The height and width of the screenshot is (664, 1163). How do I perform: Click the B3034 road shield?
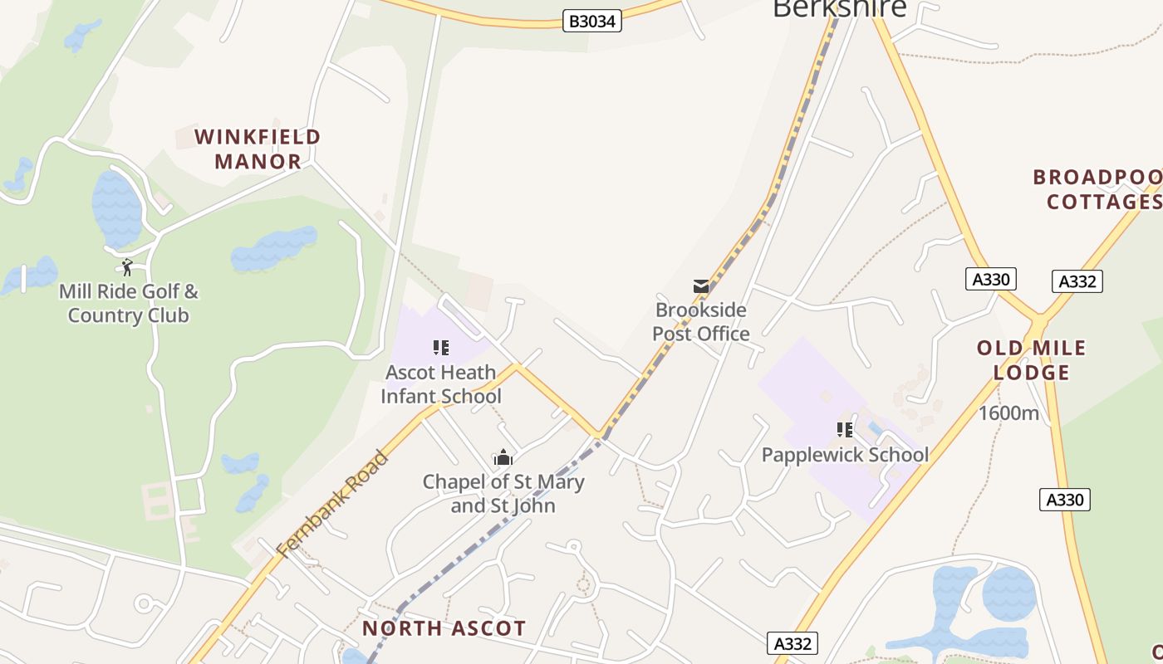click(x=591, y=22)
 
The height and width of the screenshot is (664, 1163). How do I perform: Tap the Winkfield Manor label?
click(x=258, y=149)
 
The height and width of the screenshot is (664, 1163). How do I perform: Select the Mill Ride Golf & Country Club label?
click(x=129, y=304)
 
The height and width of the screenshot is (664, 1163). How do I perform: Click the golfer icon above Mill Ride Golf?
click(x=127, y=267)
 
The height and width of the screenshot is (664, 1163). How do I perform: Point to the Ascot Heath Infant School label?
click(x=440, y=384)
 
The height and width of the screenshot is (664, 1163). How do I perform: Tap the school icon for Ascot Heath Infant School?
click(x=441, y=348)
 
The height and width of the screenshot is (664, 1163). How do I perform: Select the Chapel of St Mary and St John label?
click(x=503, y=494)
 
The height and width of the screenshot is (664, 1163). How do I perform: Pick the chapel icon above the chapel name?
click(x=503, y=457)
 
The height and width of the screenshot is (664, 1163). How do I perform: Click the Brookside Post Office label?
click(x=701, y=322)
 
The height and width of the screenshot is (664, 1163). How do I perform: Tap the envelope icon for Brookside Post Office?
click(x=701, y=286)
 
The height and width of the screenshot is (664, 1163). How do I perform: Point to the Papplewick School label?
click(x=845, y=455)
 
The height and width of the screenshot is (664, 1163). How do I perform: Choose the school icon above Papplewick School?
click(x=845, y=429)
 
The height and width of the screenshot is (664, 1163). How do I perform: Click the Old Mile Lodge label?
click(x=1032, y=360)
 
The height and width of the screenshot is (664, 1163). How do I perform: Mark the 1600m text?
click(x=1008, y=413)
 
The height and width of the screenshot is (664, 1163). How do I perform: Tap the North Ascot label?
click(x=444, y=628)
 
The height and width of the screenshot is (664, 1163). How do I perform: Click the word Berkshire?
click(x=839, y=8)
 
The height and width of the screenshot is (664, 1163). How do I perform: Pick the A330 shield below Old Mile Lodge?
click(x=1064, y=500)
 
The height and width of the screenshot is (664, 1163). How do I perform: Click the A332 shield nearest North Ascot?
click(x=792, y=643)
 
